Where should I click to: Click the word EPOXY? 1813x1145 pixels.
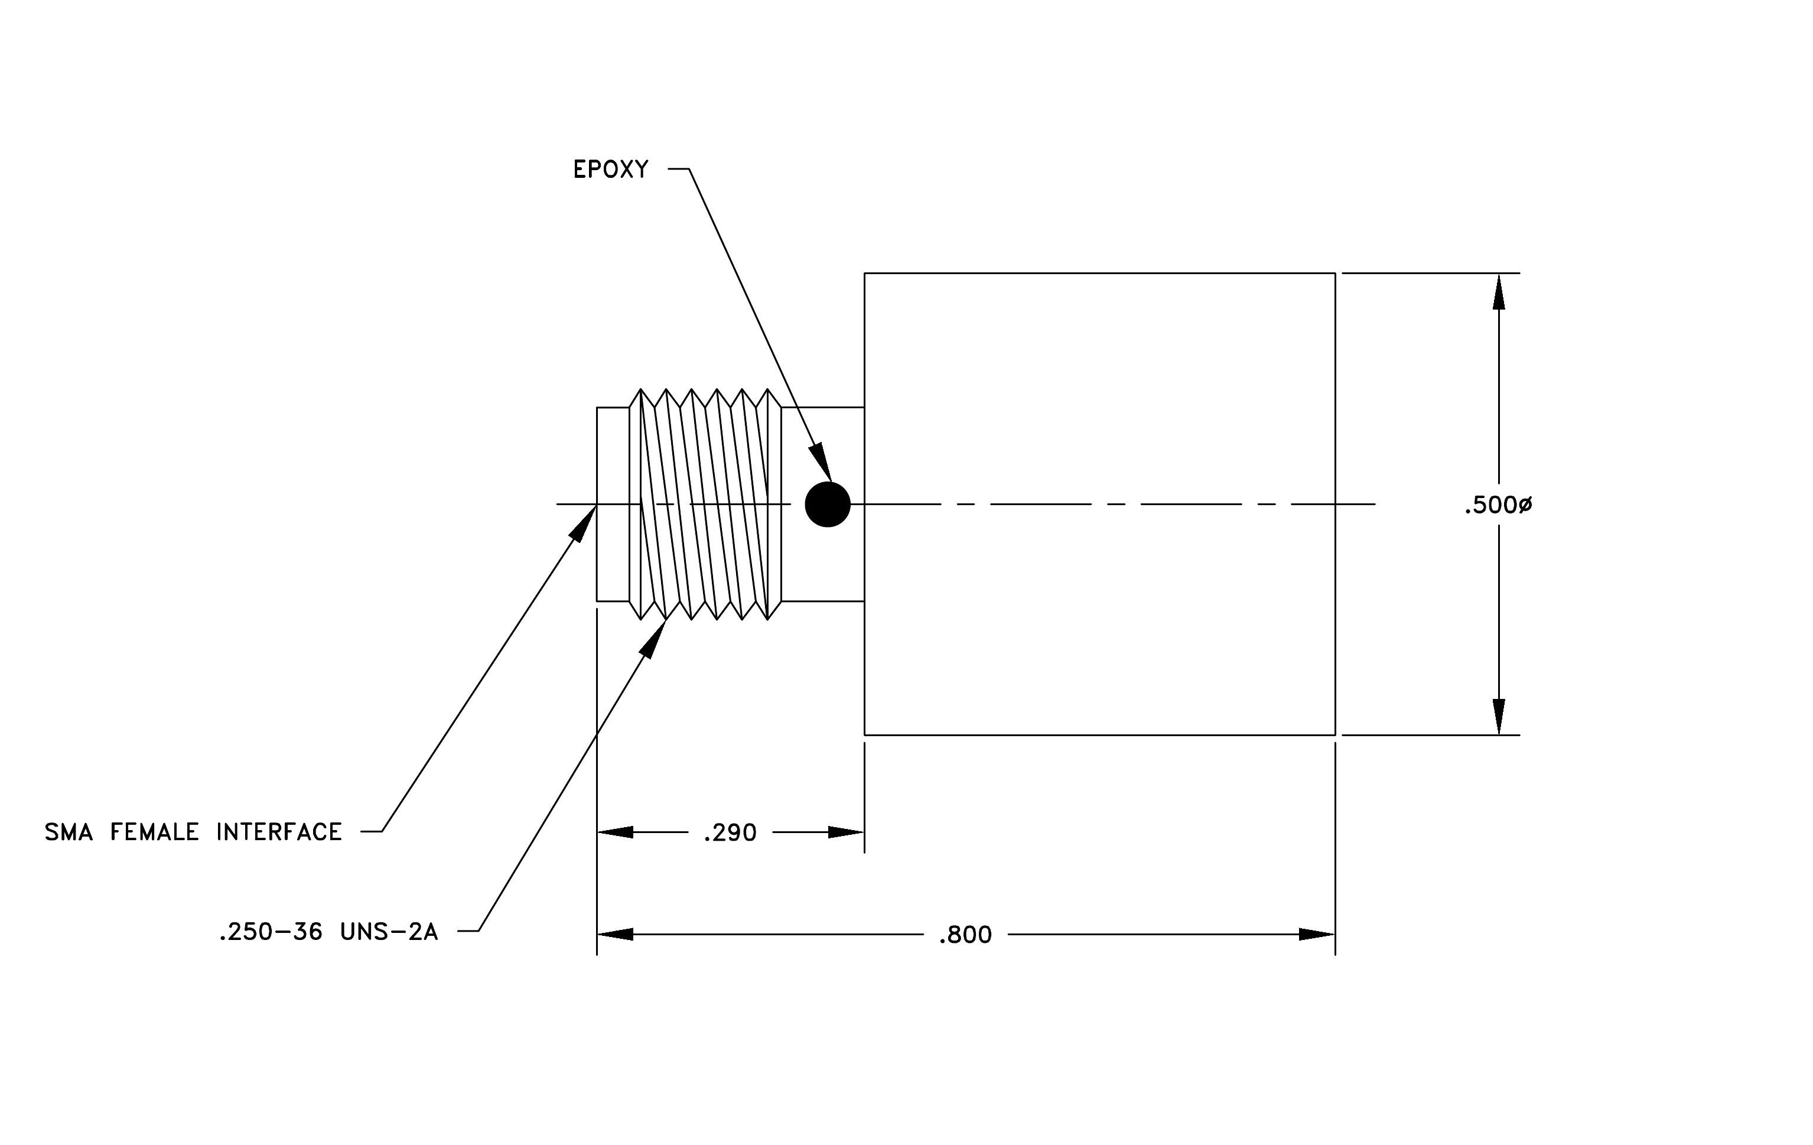(x=611, y=170)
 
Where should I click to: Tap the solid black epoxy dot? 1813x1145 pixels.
(x=828, y=505)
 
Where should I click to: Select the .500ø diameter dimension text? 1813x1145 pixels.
(x=1498, y=505)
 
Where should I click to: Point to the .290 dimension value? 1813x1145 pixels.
(x=730, y=833)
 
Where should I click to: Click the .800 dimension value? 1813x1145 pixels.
(x=965, y=935)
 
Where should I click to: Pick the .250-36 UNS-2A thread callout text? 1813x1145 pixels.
(x=328, y=932)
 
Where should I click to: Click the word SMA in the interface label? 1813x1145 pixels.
(x=69, y=832)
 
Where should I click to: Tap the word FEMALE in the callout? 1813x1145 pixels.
(x=154, y=832)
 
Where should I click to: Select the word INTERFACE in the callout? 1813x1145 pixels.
(x=279, y=832)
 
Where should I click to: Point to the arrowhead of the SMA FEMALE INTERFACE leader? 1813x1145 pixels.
(x=582, y=524)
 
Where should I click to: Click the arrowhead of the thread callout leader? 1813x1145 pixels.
(x=652, y=639)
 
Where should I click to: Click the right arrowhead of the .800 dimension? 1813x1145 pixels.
(x=1317, y=935)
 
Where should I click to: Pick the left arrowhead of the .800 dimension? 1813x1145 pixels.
(x=615, y=935)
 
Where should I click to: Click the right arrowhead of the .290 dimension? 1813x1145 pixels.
(x=845, y=832)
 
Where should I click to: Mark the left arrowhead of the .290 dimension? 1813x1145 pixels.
(x=615, y=832)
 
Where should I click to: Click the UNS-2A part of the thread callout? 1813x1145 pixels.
(x=389, y=932)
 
